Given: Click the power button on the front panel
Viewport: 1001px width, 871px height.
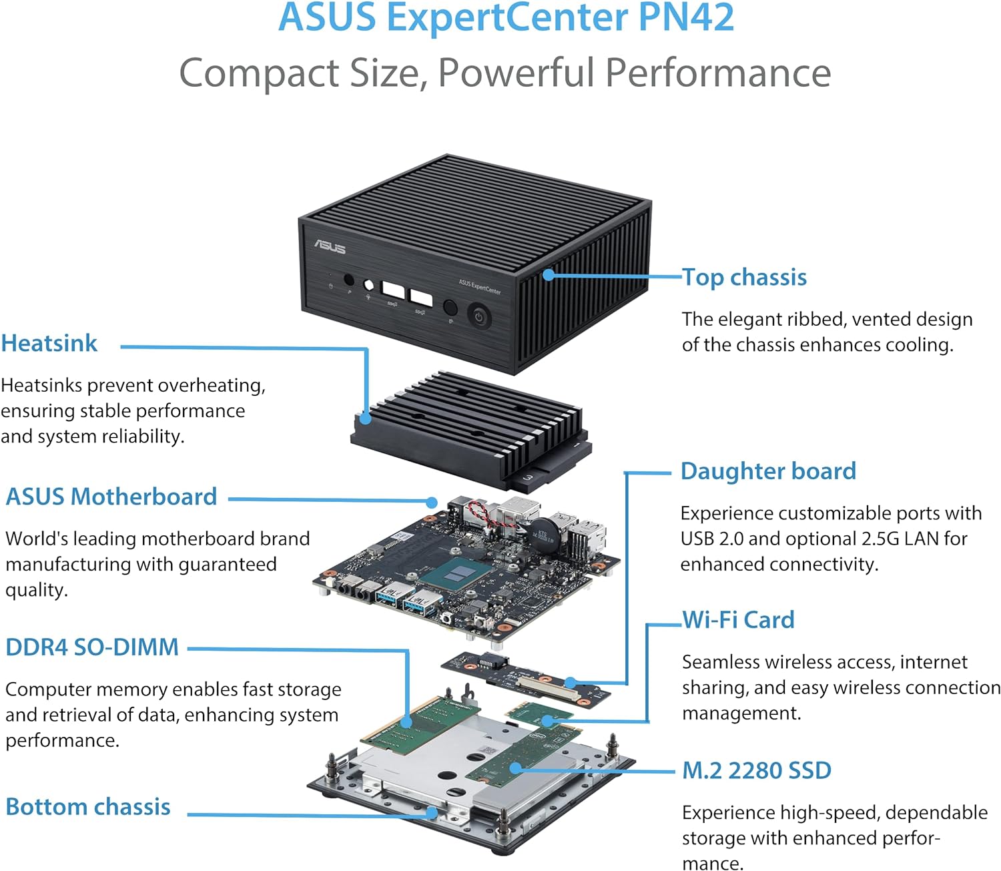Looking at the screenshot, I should pos(478,316).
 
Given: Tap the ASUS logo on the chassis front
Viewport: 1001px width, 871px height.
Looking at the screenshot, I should pos(330,248).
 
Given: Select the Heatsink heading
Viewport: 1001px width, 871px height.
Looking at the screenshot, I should pos(49,343).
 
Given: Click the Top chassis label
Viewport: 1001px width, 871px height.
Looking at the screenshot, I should pos(744,277).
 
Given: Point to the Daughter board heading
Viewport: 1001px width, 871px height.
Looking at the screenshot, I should pos(768,471).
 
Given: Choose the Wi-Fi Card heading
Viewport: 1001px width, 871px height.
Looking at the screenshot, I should pos(738,620).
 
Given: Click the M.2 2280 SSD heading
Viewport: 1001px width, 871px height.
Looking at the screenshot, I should pos(757,770).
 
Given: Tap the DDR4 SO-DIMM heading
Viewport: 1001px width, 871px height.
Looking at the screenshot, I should pos(92,647).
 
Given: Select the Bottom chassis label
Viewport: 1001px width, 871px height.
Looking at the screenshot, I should pos(88,806).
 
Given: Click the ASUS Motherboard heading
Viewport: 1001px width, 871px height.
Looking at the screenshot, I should pos(111,497).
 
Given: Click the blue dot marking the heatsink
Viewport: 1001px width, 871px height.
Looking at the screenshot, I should pos(365,418).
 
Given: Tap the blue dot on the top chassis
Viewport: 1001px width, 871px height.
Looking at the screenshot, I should pos(548,274).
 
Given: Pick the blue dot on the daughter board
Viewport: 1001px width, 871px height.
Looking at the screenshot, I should pos(571,682).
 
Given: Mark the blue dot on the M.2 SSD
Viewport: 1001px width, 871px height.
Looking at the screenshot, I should pos(515,768).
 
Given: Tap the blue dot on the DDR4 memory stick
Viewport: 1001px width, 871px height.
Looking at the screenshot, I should pos(406,721).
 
